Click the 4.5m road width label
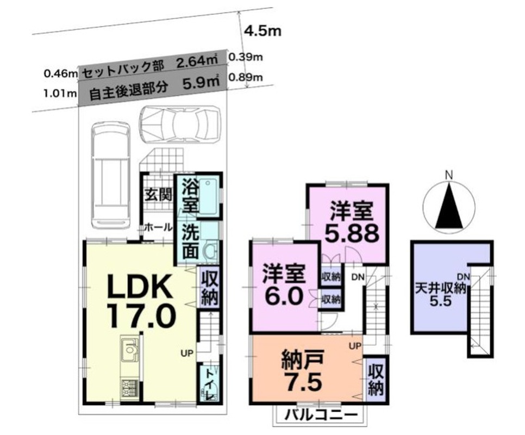(x=263, y=31)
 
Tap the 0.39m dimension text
(x=246, y=57)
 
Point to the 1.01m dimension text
(x=60, y=93)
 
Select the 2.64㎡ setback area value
(x=197, y=62)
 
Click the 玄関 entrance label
(x=158, y=194)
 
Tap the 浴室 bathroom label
(x=190, y=196)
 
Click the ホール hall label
(x=158, y=227)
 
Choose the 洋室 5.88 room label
(x=352, y=222)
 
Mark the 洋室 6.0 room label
(x=283, y=284)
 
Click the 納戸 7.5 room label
(x=303, y=370)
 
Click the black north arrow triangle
(x=449, y=207)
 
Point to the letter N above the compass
(x=449, y=175)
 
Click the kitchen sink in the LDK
(x=129, y=350)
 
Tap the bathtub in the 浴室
(x=209, y=197)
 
